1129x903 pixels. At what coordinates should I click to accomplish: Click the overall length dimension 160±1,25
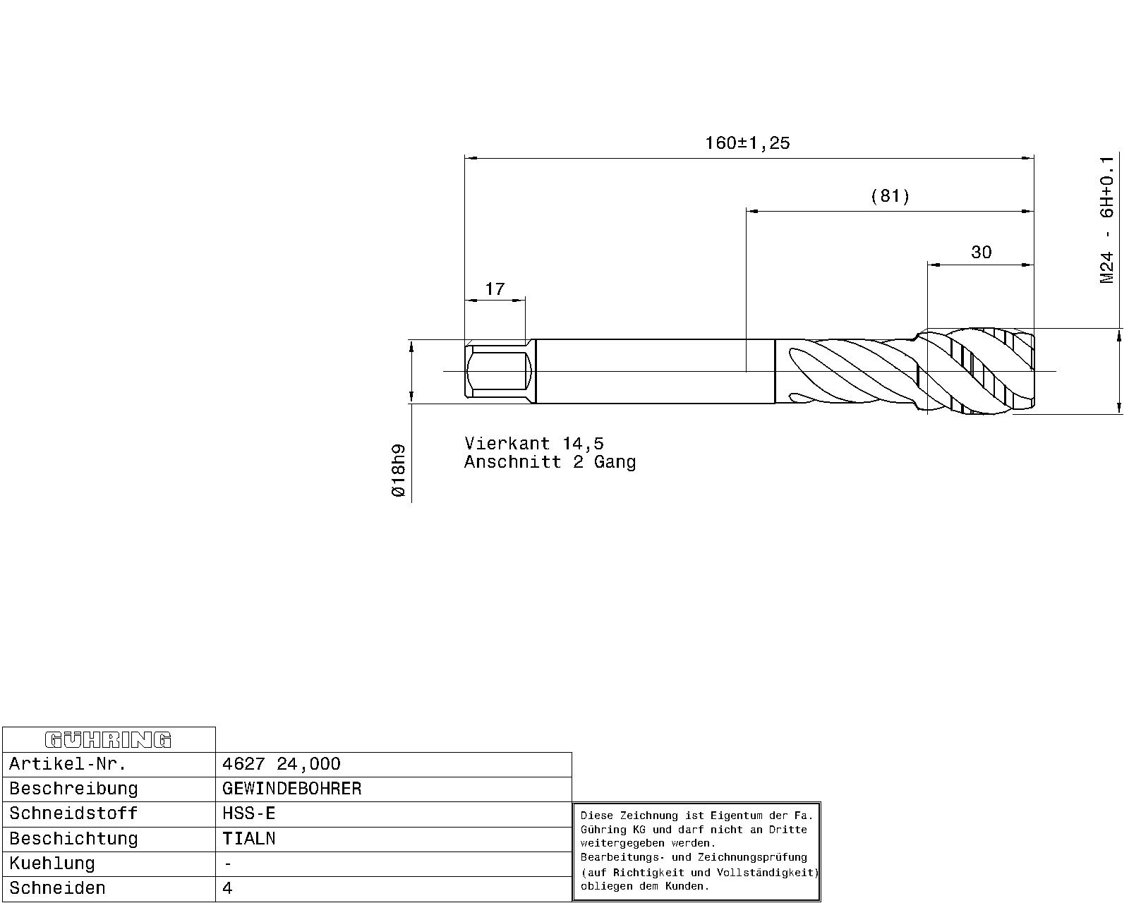[747, 143]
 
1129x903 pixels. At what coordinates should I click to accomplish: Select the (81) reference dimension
[890, 196]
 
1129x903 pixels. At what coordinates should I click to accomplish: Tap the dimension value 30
[981, 253]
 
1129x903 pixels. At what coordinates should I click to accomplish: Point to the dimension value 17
[495, 289]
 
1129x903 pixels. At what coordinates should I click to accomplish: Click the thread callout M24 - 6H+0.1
[1106, 220]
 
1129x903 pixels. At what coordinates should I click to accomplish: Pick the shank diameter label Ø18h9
[399, 471]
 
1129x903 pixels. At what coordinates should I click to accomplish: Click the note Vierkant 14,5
[534, 444]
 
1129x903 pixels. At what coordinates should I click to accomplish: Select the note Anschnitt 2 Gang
[550, 462]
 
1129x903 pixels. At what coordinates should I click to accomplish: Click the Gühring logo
[108, 740]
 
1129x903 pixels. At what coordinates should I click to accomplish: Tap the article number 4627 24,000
[282, 764]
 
